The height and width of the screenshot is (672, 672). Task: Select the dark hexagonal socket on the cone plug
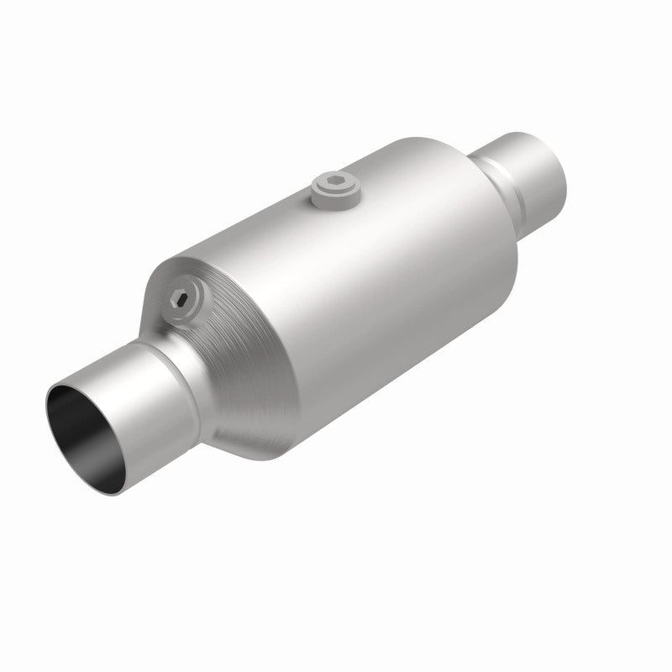click(x=181, y=297)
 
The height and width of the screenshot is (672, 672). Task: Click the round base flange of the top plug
click(x=335, y=197)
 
